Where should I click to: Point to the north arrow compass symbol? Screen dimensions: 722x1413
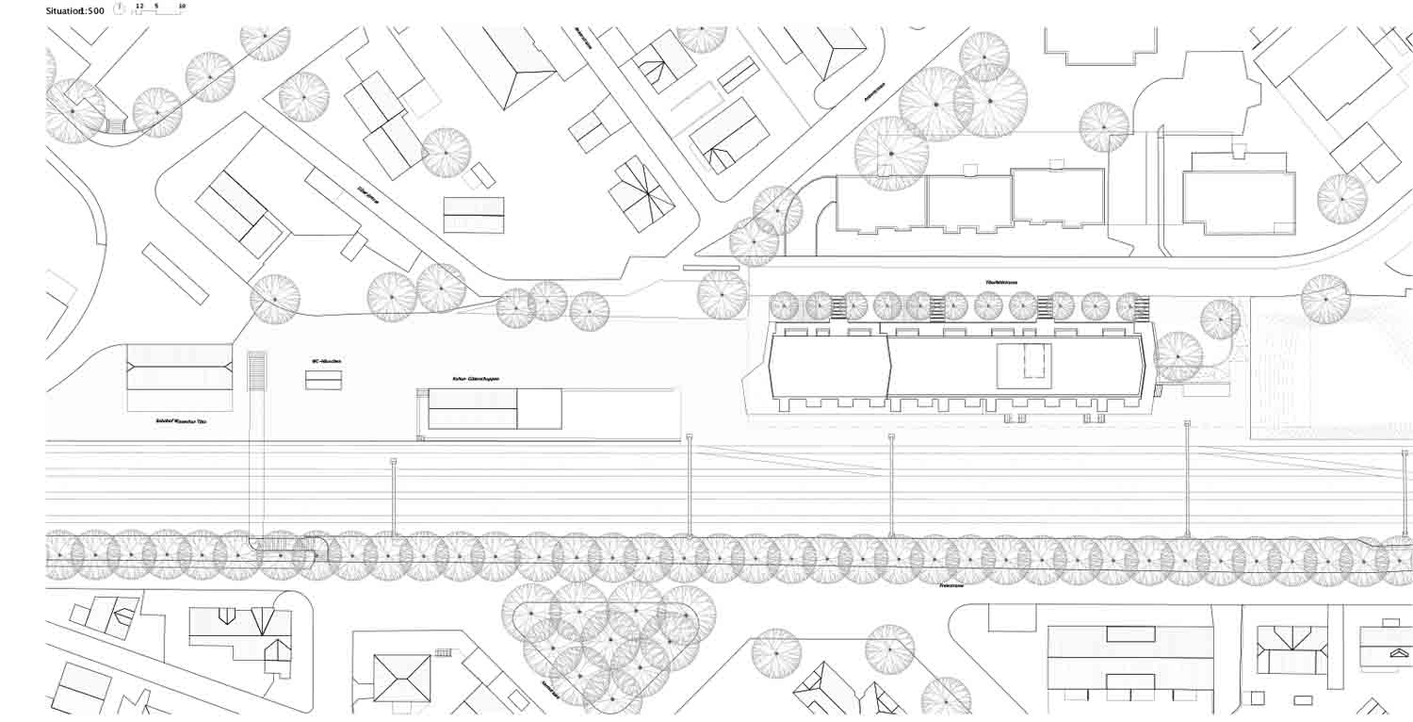click(x=119, y=9)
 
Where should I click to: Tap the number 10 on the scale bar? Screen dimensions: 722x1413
click(x=182, y=6)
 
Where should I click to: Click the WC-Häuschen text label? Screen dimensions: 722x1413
click(x=323, y=361)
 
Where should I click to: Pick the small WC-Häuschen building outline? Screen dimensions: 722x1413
click(x=323, y=380)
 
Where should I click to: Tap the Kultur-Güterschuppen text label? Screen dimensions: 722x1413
click(x=475, y=379)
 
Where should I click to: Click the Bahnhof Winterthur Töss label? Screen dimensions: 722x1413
click(x=182, y=421)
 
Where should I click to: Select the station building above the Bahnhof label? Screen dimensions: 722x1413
click(x=180, y=367)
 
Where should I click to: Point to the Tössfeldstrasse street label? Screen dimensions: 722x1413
click(x=1001, y=282)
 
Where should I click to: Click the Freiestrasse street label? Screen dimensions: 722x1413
click(x=950, y=585)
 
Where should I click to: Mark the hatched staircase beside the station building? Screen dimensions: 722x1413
click(x=257, y=370)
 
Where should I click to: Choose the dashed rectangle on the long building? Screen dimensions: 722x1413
click(x=1024, y=361)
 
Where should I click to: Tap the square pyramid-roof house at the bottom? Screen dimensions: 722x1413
click(x=402, y=678)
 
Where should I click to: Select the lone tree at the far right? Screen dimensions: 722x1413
click(x=1325, y=299)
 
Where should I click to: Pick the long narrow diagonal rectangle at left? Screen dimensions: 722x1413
click(x=175, y=273)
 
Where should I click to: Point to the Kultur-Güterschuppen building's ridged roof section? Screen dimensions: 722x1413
click(x=473, y=408)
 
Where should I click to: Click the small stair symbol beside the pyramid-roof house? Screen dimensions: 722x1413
click(x=443, y=652)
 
